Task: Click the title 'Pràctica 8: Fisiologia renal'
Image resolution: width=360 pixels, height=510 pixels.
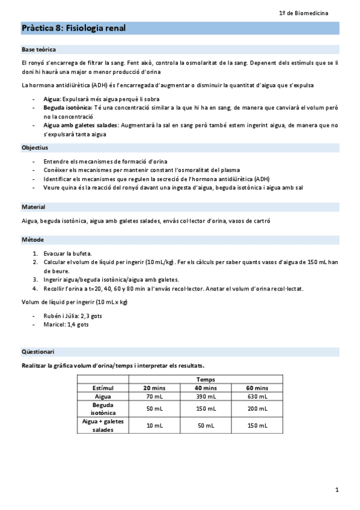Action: pos(74,28)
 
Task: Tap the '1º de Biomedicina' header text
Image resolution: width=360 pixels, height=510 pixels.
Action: pos(308,13)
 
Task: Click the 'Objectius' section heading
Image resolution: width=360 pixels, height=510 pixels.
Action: pos(35,147)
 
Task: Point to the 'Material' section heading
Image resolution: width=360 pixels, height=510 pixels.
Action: pos(34,207)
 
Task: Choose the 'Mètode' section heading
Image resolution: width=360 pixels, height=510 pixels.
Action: pos(32,240)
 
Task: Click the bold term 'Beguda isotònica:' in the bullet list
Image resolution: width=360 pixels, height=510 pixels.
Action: pos(69,108)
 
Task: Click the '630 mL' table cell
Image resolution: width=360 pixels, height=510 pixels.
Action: pos(257,397)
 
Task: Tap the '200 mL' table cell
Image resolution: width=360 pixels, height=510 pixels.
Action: pos(257,409)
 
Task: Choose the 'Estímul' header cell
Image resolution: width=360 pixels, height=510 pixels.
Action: pos(103,389)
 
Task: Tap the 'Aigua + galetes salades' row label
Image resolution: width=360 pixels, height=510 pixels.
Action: pos(103,426)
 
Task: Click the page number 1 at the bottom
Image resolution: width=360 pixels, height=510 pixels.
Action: pos(337,490)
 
